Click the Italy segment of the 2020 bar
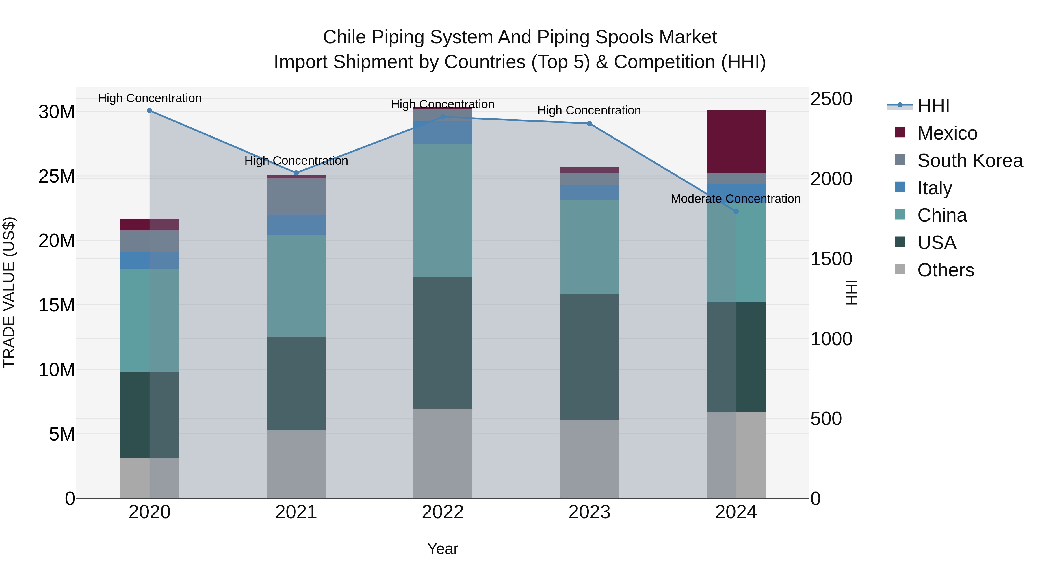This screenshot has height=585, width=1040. [149, 260]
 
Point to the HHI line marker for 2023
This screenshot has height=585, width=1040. [589, 124]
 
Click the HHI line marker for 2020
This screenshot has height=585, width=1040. [149, 111]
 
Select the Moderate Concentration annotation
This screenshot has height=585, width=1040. [735, 199]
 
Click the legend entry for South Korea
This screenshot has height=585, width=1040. [970, 161]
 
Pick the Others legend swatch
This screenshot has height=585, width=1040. [900, 269]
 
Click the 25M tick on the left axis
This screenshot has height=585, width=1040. [57, 177]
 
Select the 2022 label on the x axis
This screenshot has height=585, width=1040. [443, 512]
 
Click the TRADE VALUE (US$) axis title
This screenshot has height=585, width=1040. [9, 292]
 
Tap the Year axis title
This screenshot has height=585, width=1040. [443, 549]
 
